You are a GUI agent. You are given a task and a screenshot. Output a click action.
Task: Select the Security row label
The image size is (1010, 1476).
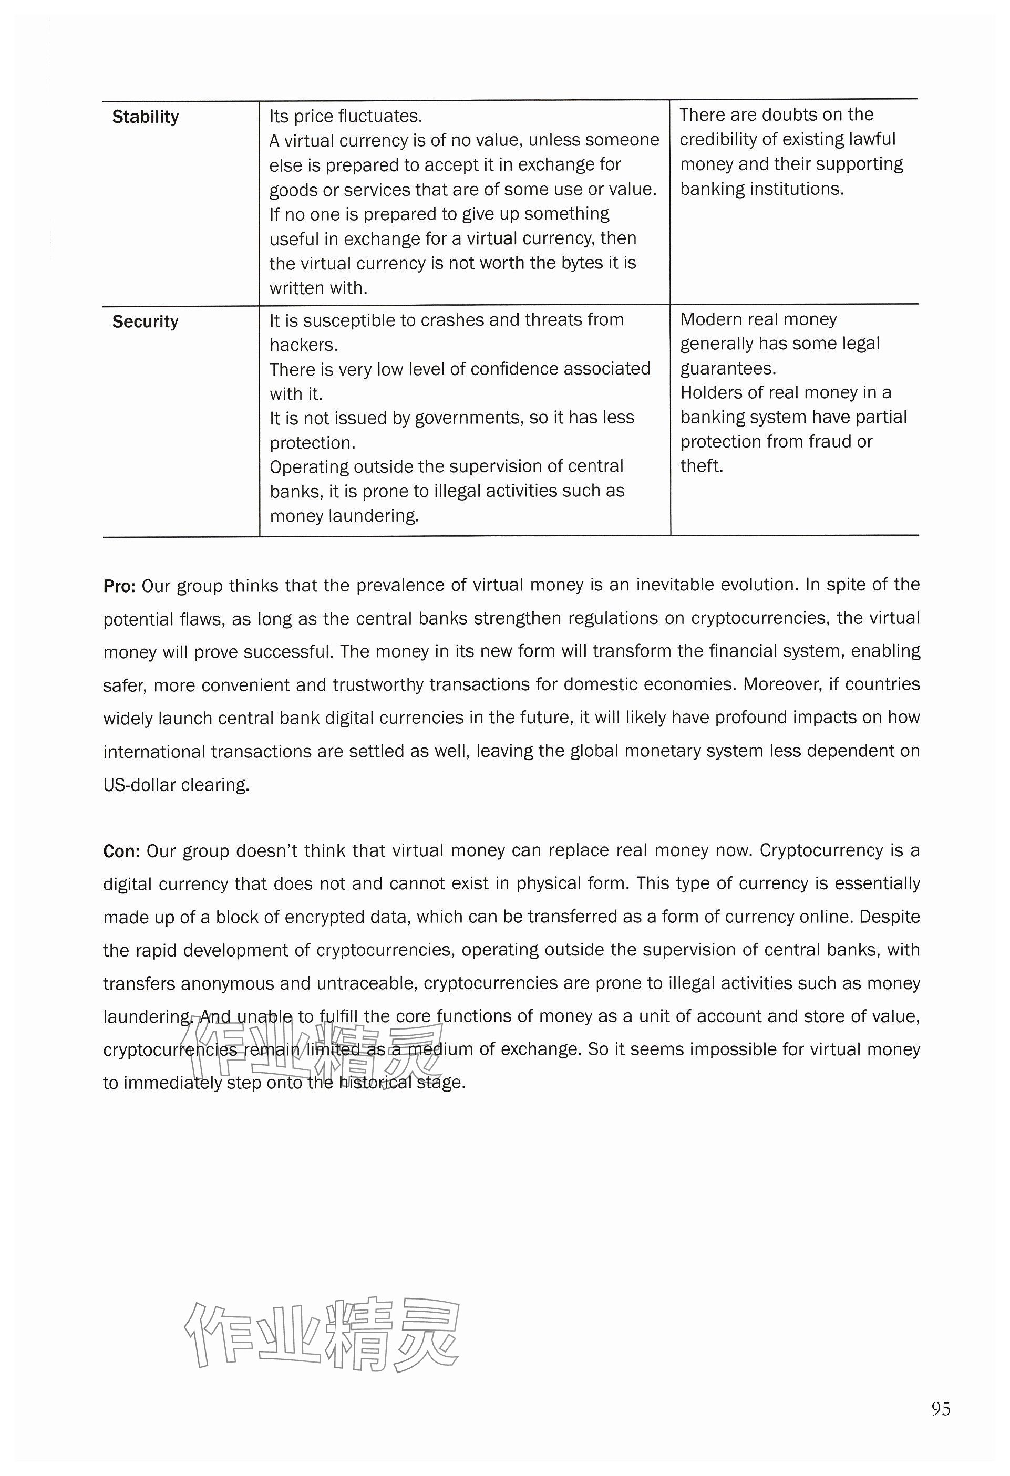click(146, 321)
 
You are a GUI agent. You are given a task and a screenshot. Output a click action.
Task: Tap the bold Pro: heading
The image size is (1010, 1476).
click(119, 586)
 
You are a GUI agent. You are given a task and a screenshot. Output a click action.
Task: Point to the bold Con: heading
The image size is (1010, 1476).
click(121, 851)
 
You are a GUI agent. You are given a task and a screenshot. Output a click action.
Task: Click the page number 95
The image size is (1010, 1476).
click(941, 1409)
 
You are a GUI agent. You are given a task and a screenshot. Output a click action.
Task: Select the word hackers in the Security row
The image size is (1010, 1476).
click(303, 345)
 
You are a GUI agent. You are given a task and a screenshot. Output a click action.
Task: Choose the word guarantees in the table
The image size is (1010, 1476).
click(727, 368)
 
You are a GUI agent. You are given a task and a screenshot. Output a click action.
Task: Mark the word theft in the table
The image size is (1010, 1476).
click(700, 465)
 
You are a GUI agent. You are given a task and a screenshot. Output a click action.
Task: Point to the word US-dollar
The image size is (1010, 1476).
click(139, 785)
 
